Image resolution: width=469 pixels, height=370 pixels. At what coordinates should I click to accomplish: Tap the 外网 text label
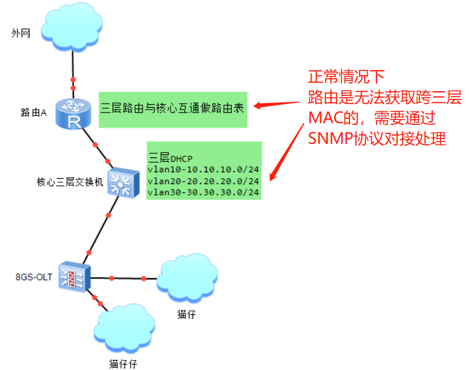[20, 33]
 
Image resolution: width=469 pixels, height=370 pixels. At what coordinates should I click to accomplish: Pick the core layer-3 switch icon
[123, 183]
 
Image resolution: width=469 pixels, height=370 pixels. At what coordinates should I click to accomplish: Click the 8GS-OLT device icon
[75, 276]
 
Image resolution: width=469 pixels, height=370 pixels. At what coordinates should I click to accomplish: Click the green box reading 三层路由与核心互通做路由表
[172, 109]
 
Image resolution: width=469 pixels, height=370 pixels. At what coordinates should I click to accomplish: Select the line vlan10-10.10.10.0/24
[203, 170]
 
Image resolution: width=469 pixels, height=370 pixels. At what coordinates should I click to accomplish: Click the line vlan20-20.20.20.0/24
[203, 181]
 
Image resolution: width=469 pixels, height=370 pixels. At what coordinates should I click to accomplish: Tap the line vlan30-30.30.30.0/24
[203, 192]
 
